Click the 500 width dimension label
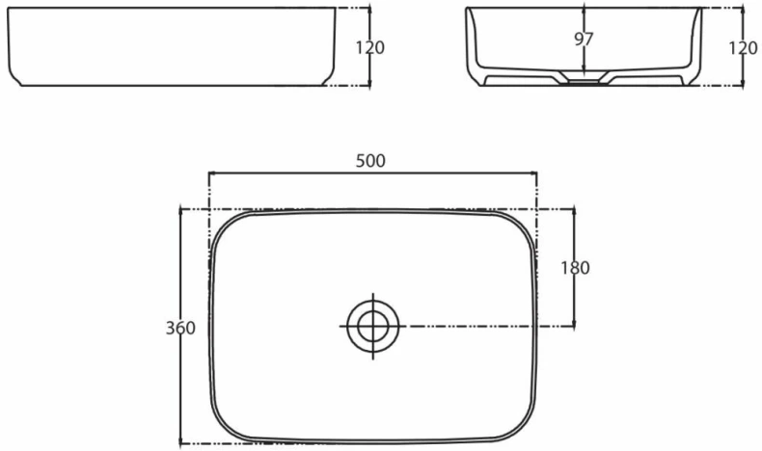[x=370, y=161]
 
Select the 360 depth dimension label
[x=180, y=329]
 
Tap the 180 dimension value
[x=576, y=268]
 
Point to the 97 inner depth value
[x=584, y=39]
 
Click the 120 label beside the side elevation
[x=370, y=47]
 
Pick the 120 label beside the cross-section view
[x=743, y=47]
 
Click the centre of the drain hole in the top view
[x=373, y=327]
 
